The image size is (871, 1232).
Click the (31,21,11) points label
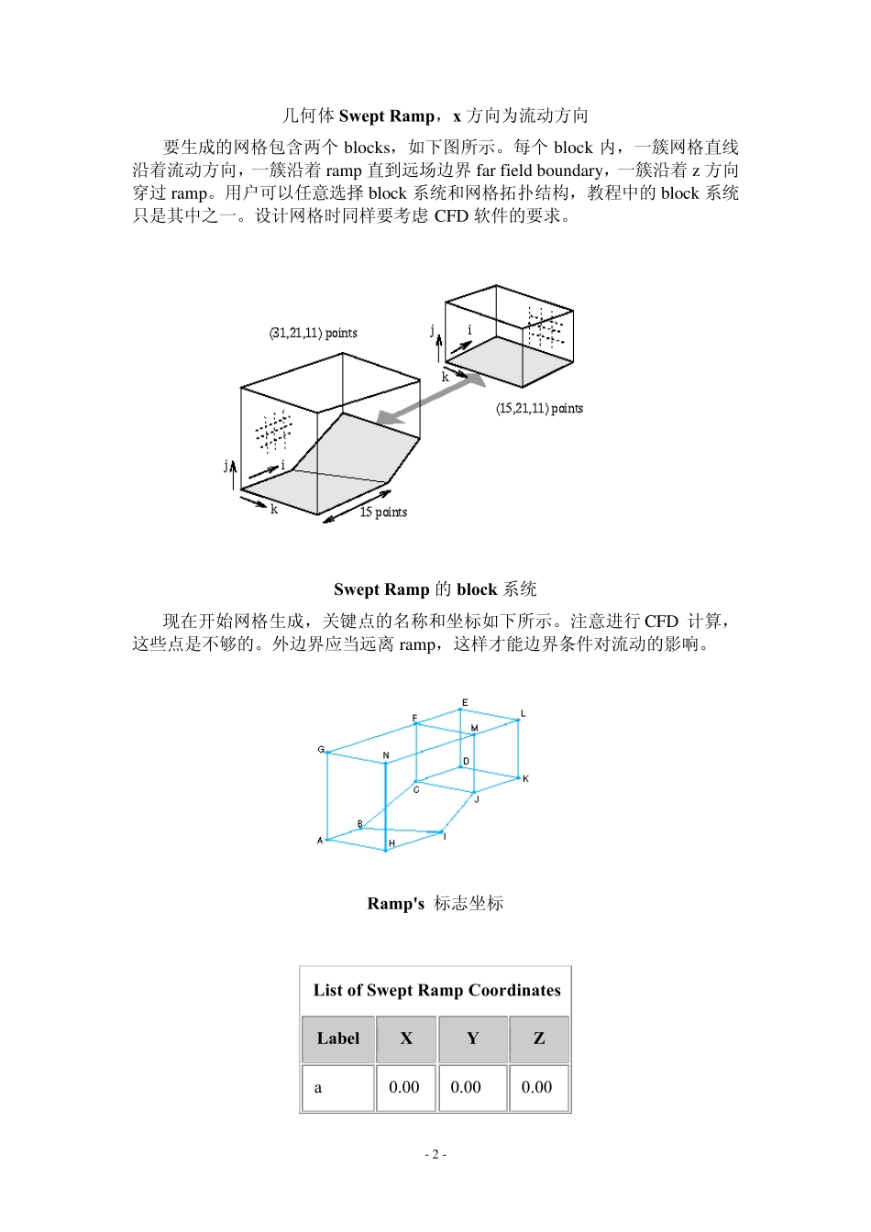coord(313,333)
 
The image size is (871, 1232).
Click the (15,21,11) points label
coord(539,409)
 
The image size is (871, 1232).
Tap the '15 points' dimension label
coord(383,512)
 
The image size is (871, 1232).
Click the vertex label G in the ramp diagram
coord(321,750)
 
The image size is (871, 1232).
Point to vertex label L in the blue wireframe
coord(524,713)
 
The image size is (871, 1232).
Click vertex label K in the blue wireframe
coord(525,779)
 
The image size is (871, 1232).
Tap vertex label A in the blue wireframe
coord(320,841)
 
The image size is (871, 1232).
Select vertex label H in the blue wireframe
coord(391,843)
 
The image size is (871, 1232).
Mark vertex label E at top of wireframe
coord(465,703)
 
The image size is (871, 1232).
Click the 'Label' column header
coord(338,1039)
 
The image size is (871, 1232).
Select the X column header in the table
coord(406,1039)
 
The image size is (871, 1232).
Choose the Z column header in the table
coord(539,1039)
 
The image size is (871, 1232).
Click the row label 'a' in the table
coord(318,1088)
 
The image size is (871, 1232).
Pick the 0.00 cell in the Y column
coord(466,1087)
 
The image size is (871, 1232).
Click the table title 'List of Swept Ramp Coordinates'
coord(436,990)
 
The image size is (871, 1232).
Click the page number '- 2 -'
coord(435,1154)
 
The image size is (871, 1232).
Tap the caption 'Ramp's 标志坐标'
coord(435,904)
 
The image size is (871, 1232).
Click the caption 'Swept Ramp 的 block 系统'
coord(435,589)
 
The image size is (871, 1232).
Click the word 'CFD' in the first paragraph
coord(451,216)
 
